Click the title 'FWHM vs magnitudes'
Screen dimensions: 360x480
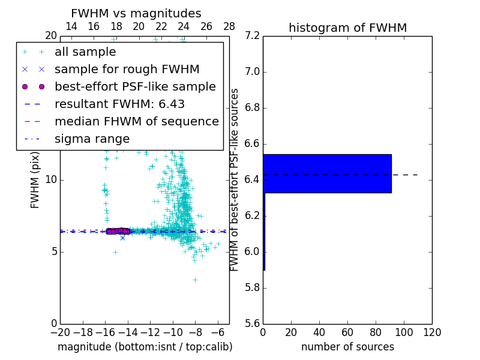tap(136, 14)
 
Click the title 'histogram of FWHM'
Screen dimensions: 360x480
tap(347, 28)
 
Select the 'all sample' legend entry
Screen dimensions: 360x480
tap(85, 52)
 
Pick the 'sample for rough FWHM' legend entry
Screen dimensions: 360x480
tap(127, 69)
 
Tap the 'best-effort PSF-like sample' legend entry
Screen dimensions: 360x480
tap(135, 86)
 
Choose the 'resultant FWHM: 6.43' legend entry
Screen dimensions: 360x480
tap(119, 104)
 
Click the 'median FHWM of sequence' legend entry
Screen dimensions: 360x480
tap(136, 121)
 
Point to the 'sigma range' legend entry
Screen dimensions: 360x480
tap(92, 139)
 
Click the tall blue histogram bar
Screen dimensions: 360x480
tap(327, 173)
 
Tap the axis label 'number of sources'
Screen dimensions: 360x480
tap(347, 347)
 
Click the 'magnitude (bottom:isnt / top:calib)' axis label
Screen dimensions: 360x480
tap(145, 347)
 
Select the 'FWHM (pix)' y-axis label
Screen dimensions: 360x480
tap(35, 180)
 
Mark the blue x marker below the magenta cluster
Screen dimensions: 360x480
tap(122, 238)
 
